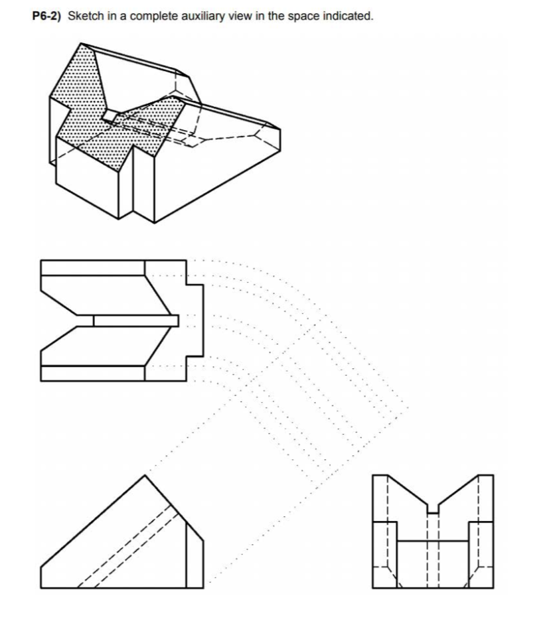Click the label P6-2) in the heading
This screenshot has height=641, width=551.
[47, 16]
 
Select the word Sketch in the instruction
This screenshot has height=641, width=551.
[84, 16]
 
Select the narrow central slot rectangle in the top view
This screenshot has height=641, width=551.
[135, 320]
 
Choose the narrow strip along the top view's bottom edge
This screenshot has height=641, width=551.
[93, 373]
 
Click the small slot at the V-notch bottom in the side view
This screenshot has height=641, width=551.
[433, 509]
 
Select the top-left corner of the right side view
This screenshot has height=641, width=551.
[374, 475]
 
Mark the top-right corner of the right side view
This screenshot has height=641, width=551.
[493, 475]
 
